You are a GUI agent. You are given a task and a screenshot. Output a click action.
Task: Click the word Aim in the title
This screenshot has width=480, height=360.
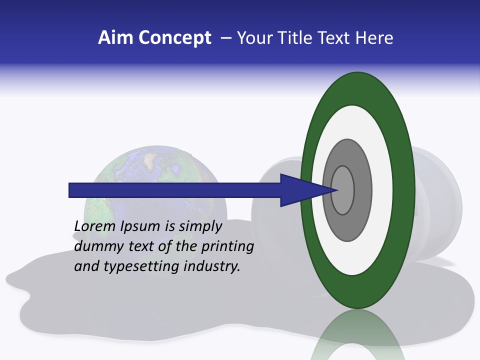[x=112, y=38]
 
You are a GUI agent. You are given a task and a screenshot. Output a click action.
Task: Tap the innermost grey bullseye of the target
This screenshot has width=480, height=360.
[x=343, y=190]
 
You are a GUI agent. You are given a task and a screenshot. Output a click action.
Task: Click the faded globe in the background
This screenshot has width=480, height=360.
[x=150, y=165]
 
